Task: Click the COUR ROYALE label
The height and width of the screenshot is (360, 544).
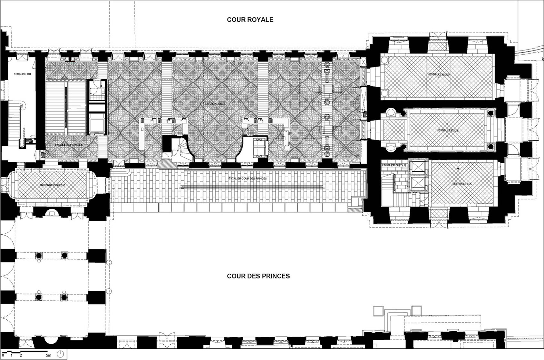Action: pos(250,20)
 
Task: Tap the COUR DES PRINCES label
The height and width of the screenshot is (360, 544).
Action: pos(258,276)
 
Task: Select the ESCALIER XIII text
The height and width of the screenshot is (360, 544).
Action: pos(22,74)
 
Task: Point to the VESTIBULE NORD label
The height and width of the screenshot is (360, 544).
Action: pos(438,74)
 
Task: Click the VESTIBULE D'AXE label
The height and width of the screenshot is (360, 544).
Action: pos(448,130)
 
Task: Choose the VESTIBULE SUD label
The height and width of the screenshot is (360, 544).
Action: pos(462,184)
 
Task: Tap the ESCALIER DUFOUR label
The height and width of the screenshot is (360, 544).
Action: pos(394,165)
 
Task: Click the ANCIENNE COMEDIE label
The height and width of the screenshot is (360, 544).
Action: pos(52,185)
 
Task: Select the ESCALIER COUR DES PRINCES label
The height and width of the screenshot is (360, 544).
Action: pos(247,178)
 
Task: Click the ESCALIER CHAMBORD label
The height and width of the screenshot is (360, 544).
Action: pos(69,145)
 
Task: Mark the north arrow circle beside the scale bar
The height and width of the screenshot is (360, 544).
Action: pos(60,354)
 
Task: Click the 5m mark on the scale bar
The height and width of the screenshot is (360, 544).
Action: pos(48,355)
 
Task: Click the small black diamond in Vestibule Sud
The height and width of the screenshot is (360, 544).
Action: pos(458,168)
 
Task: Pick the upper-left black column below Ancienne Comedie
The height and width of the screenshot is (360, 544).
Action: pos(39,255)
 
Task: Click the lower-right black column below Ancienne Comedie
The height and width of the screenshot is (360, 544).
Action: pos(64,297)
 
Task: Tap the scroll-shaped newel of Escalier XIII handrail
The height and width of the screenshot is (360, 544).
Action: pos(22,105)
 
